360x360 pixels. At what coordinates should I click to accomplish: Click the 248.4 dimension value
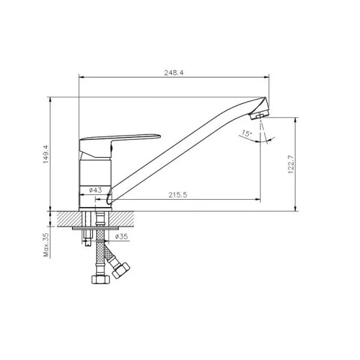pos(174,73)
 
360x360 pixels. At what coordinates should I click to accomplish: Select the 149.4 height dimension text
pos(46,154)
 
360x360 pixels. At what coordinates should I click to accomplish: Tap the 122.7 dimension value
pos(290,164)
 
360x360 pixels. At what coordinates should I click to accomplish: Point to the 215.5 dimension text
pos(178,194)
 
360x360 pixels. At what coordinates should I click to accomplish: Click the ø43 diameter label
pos(95,190)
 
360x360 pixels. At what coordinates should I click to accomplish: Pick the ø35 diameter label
pos(121,236)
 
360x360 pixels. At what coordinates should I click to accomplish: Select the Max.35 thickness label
pos(46,245)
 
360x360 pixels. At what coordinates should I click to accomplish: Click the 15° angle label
pos(247,133)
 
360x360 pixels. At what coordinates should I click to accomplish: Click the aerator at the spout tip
pos(260,115)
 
